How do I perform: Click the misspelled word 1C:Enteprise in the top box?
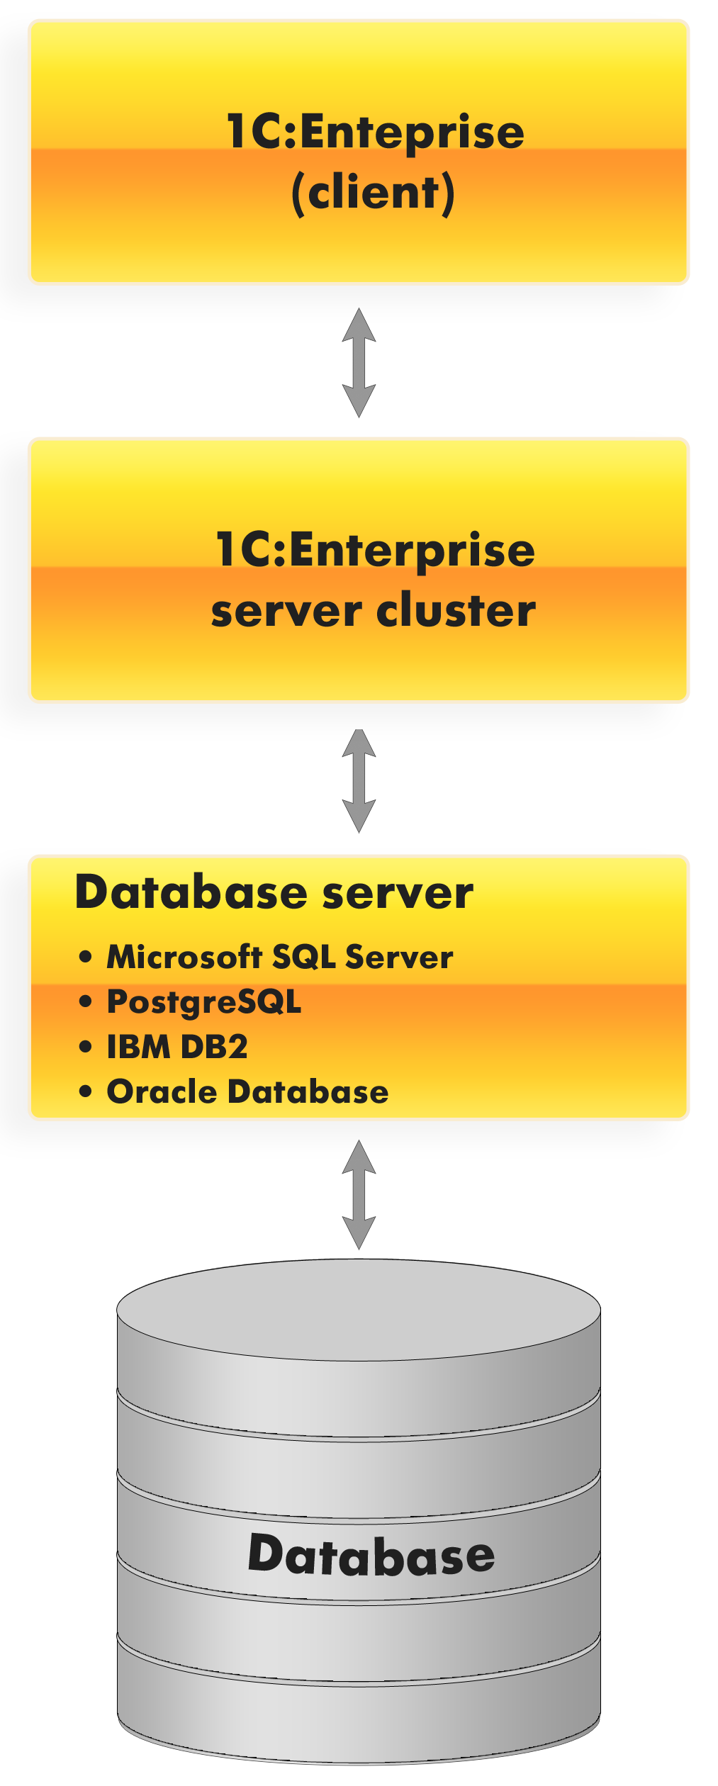(x=375, y=133)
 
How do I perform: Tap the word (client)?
(x=373, y=193)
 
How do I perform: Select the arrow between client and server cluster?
(x=359, y=362)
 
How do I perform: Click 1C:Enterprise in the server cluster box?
(x=375, y=550)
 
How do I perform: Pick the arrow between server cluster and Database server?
(x=359, y=780)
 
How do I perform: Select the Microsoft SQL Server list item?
(x=280, y=957)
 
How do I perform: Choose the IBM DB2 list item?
(x=177, y=1047)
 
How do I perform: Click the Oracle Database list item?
(x=247, y=1091)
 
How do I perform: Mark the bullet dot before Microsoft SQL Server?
(x=86, y=957)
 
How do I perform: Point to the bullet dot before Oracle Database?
(x=86, y=1091)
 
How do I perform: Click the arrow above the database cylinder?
(x=359, y=1194)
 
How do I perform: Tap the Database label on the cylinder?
(x=371, y=1556)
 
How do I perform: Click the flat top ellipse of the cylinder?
(x=359, y=1310)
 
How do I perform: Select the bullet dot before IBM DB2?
(x=86, y=1047)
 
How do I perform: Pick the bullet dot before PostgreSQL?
(x=86, y=1001)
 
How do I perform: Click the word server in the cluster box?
(x=287, y=611)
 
